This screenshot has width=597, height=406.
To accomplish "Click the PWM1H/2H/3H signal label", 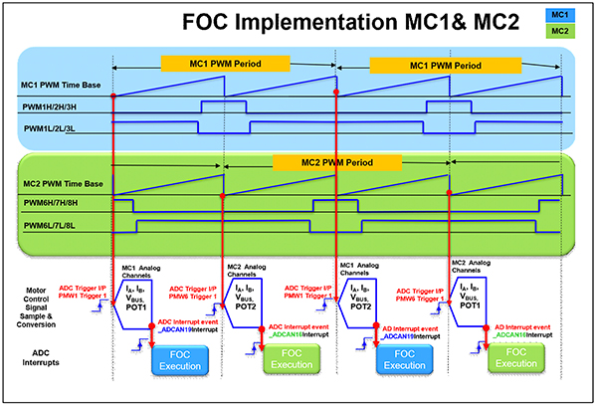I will pyautogui.click(x=58, y=105).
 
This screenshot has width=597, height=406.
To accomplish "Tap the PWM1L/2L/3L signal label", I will pyautogui.click(x=57, y=128).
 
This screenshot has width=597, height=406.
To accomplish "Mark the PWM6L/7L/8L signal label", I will pyautogui.click(x=57, y=227).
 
